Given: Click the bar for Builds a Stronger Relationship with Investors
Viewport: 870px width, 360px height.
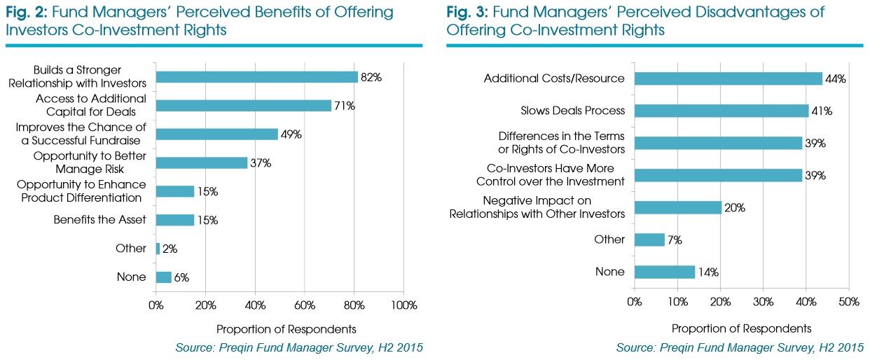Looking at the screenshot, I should pyautogui.click(x=256, y=77).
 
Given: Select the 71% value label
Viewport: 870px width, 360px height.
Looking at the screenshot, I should pyautogui.click(x=345, y=106).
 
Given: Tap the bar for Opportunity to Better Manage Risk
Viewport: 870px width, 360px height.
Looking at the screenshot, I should pyautogui.click(x=201, y=162).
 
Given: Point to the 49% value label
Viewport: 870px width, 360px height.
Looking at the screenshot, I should pyautogui.click(x=291, y=134).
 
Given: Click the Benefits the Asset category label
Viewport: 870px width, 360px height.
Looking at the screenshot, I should pyautogui.click(x=100, y=220).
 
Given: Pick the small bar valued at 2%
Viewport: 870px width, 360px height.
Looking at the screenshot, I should pyautogui.click(x=158, y=249).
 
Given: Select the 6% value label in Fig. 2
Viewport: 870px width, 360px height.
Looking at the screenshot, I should pyautogui.click(x=182, y=277).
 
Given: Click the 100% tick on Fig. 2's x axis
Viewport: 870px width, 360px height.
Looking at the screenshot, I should pyautogui.click(x=403, y=305).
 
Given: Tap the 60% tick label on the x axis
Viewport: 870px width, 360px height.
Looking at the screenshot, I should pyautogui.click(x=305, y=305).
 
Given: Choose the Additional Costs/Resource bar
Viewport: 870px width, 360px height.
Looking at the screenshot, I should pyautogui.click(x=729, y=78).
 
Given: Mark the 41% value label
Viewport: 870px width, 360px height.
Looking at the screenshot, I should pyautogui.click(x=822, y=111).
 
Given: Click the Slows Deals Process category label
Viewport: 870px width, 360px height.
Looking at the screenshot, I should pyautogui.click(x=572, y=111).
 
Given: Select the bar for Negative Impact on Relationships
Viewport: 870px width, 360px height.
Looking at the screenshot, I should pyautogui.click(x=677, y=207).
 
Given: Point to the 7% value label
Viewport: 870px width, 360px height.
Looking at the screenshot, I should pyautogui.click(x=675, y=240).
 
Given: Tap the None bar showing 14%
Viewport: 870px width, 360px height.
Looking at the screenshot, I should pyautogui.click(x=665, y=272).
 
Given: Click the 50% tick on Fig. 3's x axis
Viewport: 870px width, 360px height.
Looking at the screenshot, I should pyautogui.click(x=849, y=301).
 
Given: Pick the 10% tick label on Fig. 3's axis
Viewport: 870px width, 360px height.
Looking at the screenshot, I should pyautogui.click(x=677, y=301).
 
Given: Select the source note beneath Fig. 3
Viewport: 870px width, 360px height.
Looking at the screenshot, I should pyautogui.click(x=740, y=348).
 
